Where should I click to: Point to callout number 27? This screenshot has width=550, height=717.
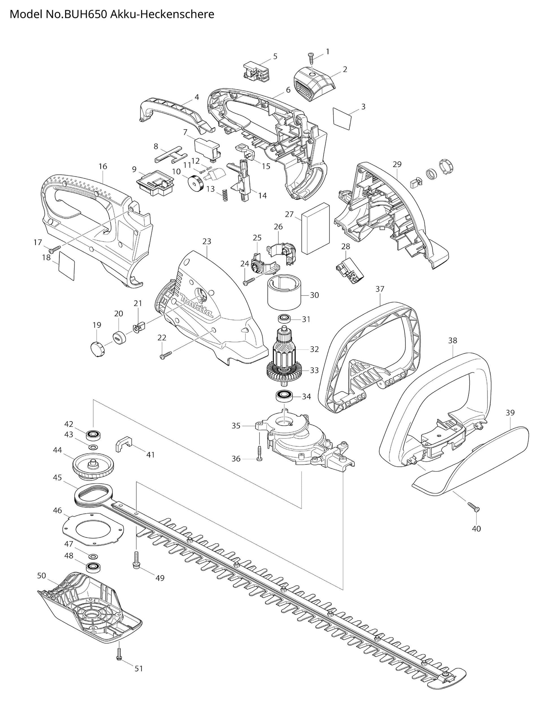pos(289,215)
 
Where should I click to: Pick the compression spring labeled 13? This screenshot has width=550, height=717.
pos(225,195)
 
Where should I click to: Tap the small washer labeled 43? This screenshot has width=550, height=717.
pos(93,447)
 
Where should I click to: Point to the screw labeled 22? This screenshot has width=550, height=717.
pos(165,355)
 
